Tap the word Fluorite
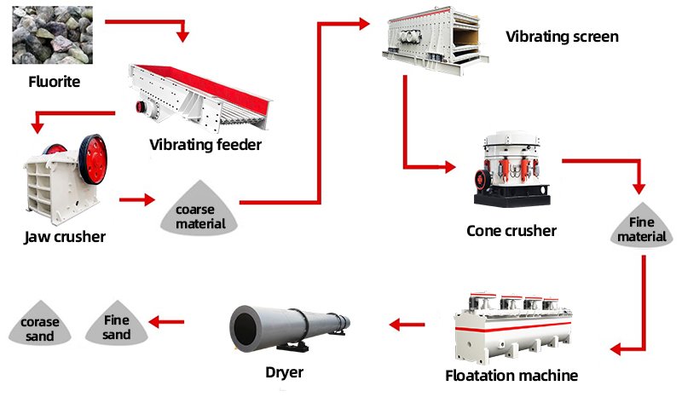(x=53, y=83)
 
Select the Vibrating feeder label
(x=205, y=144)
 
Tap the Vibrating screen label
(x=562, y=37)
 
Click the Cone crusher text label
(x=511, y=231)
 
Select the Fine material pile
(x=642, y=226)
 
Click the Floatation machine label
(x=511, y=376)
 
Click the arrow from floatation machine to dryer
(x=407, y=324)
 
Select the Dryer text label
(x=284, y=372)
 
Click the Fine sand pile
(x=117, y=325)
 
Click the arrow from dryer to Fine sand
(x=167, y=322)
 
